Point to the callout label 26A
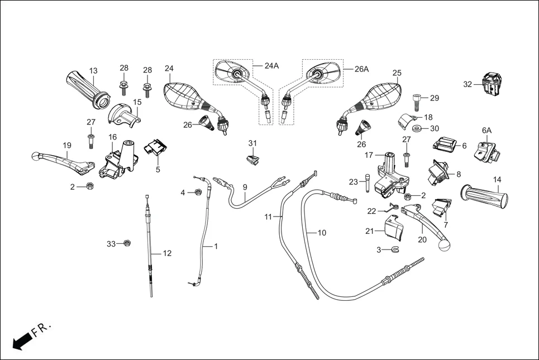coord(362,69)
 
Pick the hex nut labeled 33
coord(127,243)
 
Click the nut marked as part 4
coord(197,193)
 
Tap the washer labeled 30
coord(417,129)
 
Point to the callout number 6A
coord(486,130)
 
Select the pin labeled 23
coord(367,185)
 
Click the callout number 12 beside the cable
coord(167,253)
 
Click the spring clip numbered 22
coord(392,208)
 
